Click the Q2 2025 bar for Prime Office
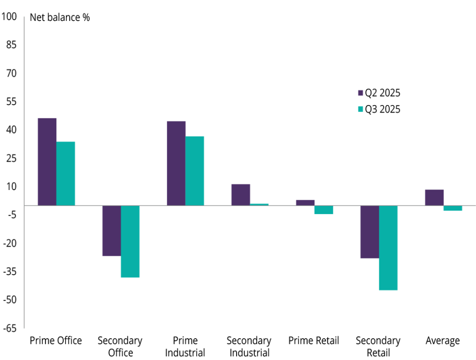pyautogui.click(x=47, y=162)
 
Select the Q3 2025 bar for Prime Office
pyautogui.click(x=66, y=173)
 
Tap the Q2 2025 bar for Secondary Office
pyautogui.click(x=112, y=230)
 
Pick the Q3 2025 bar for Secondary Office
pyautogui.click(x=130, y=241)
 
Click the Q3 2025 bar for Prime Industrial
pyautogui.click(x=194, y=170)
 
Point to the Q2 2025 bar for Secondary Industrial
pyautogui.click(x=241, y=195)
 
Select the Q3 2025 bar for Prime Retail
pyautogui.click(x=324, y=209)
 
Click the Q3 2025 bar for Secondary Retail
pyautogui.click(x=388, y=248)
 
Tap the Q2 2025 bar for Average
pyautogui.click(x=434, y=197)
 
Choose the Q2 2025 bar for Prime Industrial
pyautogui.click(x=176, y=163)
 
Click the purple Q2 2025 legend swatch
pyautogui.click(x=360, y=93)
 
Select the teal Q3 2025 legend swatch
pyautogui.click(x=360, y=110)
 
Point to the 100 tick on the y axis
pyautogui.click(x=9, y=17)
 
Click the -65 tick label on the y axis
pyautogui.click(x=9, y=328)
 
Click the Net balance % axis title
pyautogui.click(x=60, y=18)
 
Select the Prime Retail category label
pyautogui.click(x=314, y=341)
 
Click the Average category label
pyautogui.click(x=443, y=341)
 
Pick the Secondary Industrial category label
pyautogui.click(x=249, y=347)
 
